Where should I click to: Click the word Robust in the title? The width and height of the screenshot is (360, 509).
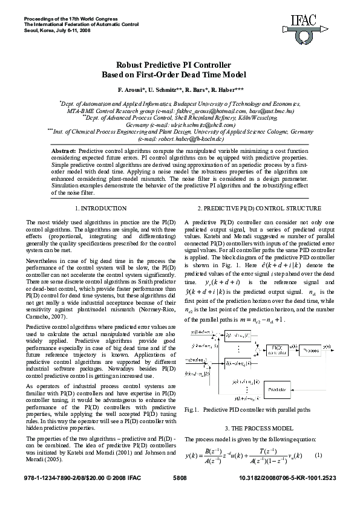coord(129,65)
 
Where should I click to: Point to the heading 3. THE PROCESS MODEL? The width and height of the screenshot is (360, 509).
coord(260,429)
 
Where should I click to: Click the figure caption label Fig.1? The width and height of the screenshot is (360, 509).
coord(191,409)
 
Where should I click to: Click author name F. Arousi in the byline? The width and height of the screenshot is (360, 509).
coord(134,89)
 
